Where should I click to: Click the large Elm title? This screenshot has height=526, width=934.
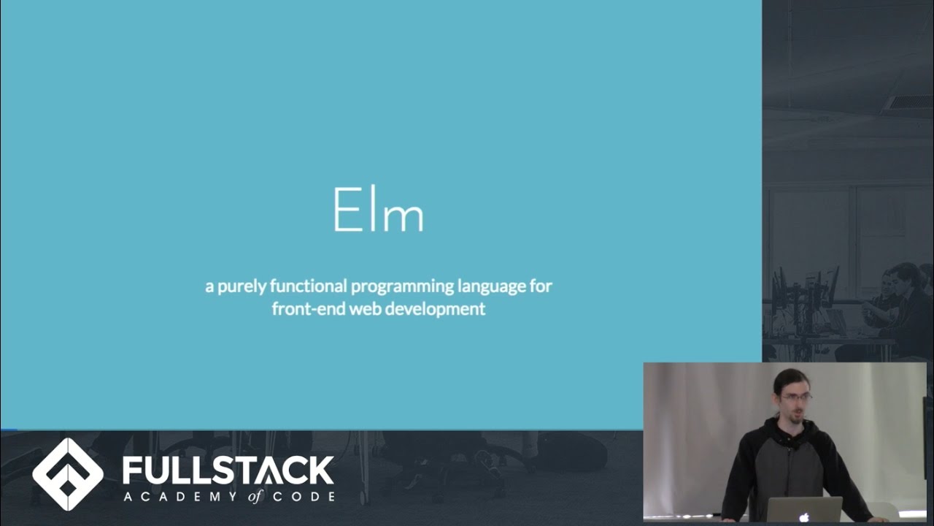(x=378, y=210)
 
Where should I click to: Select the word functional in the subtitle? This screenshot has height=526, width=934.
(x=306, y=286)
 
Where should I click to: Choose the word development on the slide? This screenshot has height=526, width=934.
(x=435, y=309)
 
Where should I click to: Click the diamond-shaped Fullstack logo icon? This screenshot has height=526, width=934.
(x=68, y=474)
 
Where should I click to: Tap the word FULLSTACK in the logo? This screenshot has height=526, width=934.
(x=228, y=470)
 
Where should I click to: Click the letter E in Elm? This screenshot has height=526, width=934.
(x=345, y=210)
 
